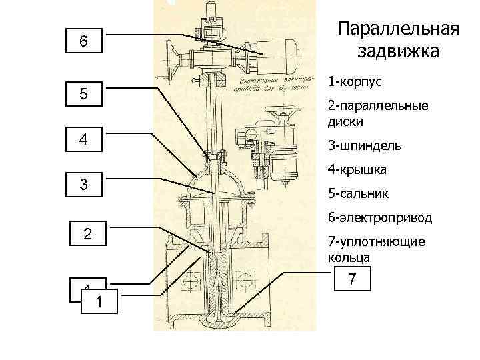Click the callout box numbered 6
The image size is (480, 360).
coord(83,41)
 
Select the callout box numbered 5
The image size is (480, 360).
coord(83,95)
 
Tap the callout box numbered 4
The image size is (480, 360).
coord(83,140)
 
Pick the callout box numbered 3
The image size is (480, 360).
coord(83,183)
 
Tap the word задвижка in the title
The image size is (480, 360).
coord(398,51)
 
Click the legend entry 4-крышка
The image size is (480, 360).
coord(357,170)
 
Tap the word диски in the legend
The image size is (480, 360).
coord(344,121)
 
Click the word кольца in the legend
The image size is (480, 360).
coord(346,257)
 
